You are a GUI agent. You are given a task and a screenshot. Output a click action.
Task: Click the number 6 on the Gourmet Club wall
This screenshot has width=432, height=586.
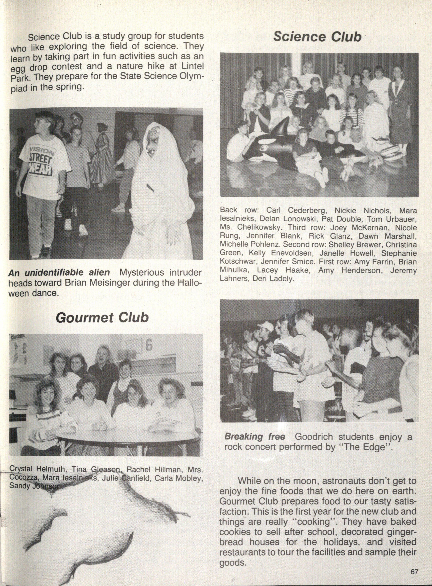pyautogui.click(x=148, y=346)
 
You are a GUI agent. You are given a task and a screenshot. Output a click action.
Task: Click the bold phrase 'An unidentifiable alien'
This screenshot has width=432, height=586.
pyautogui.click(x=59, y=273)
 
